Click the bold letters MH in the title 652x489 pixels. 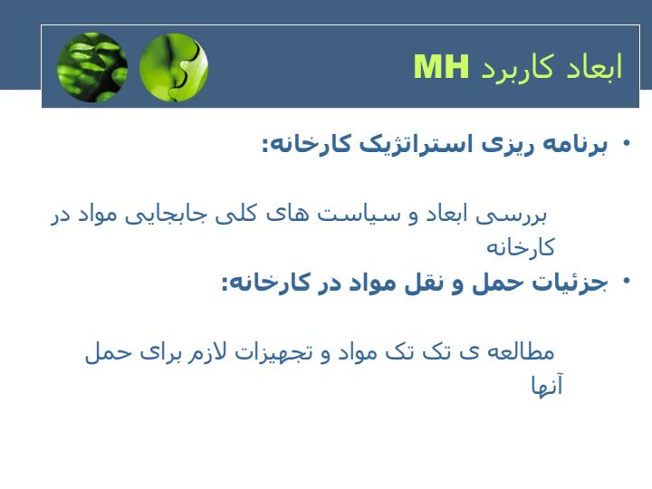[x=441, y=66]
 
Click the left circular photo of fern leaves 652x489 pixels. [x=92, y=67]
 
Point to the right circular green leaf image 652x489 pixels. [x=174, y=67]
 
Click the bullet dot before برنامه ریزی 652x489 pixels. [x=627, y=143]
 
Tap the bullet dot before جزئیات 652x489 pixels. [x=627, y=281]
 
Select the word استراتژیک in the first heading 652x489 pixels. [x=417, y=144]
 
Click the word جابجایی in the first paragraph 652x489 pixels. [x=169, y=215]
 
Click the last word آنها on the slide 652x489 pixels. [x=547, y=385]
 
